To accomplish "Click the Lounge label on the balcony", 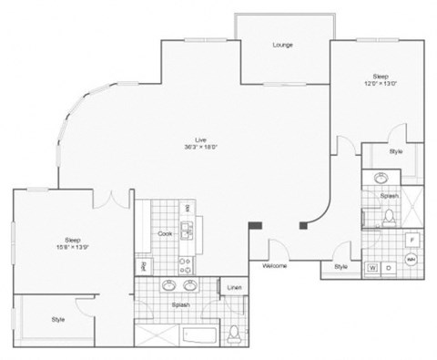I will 281,45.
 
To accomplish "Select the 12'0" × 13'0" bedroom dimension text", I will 381,84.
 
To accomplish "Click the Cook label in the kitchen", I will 165,233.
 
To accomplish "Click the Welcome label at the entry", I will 275,266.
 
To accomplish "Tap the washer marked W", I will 373,268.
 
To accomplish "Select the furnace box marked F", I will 412,239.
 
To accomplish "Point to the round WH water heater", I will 411,259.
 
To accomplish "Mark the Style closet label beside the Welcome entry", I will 340,267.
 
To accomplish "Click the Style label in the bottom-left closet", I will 57,319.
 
